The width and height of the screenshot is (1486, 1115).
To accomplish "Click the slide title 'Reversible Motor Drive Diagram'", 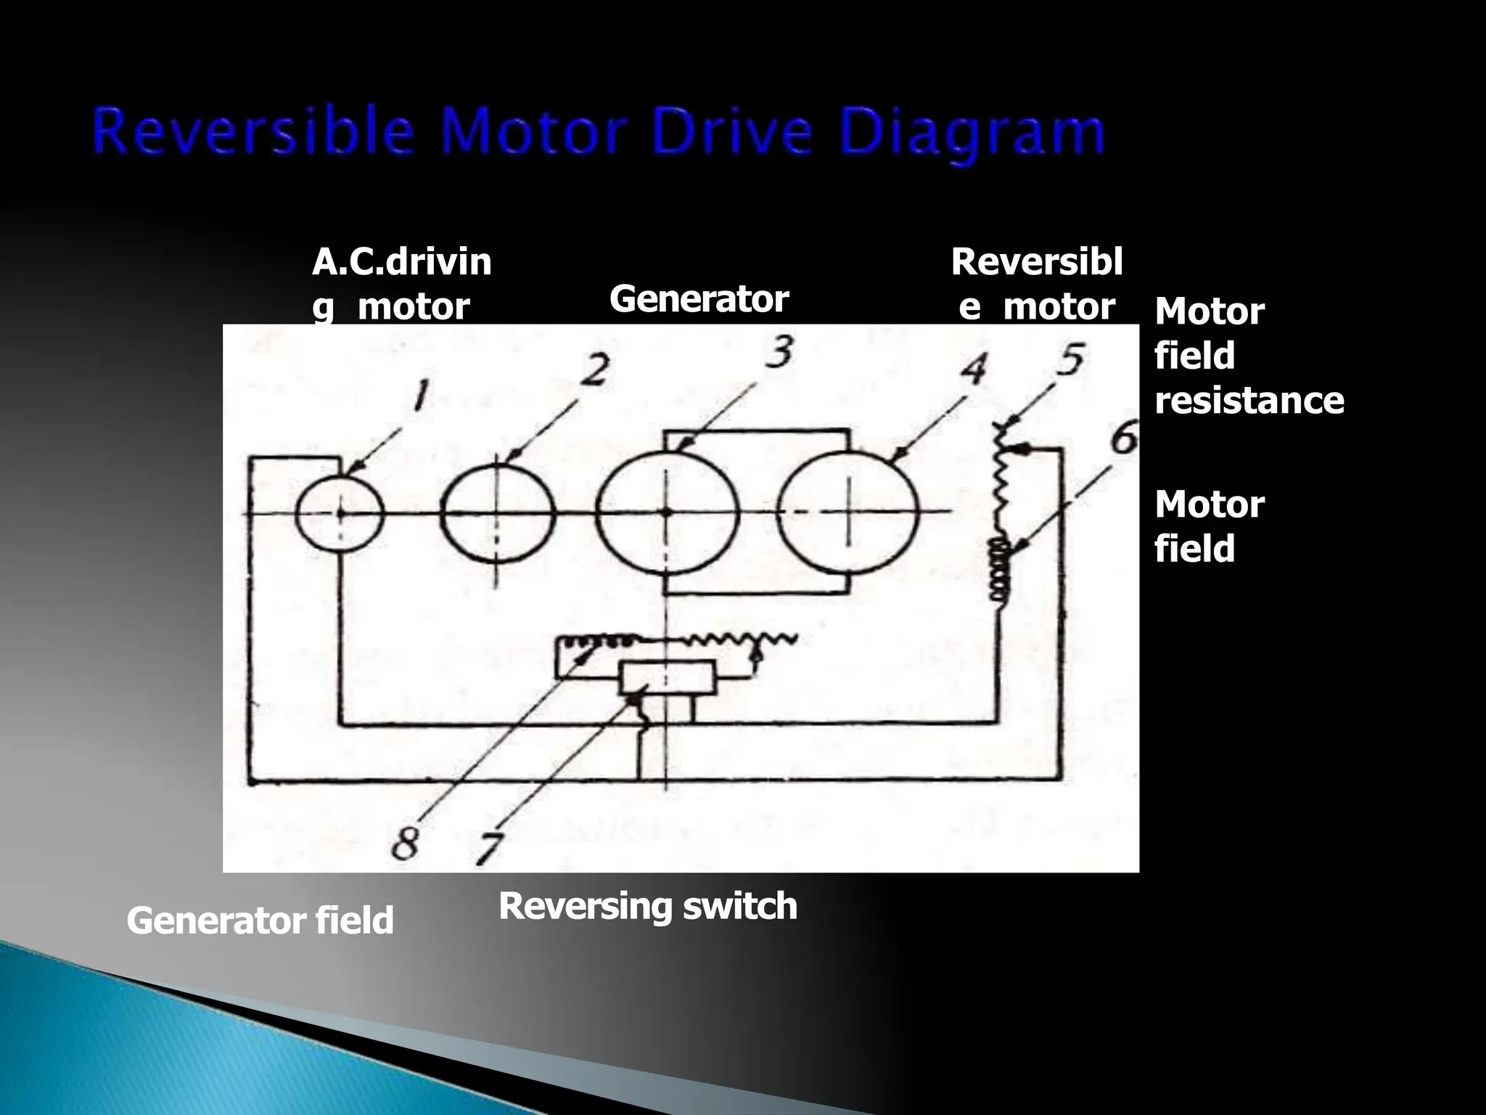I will pyautogui.click(x=599, y=133).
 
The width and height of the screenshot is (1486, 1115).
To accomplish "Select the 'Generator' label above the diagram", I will pyautogui.click(x=698, y=299).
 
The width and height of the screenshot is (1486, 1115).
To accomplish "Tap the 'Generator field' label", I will pyautogui.click(x=260, y=920).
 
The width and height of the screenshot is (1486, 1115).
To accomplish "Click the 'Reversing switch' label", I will pyautogui.click(x=647, y=906).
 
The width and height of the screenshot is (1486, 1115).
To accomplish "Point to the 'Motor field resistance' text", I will pyautogui.click(x=1248, y=356).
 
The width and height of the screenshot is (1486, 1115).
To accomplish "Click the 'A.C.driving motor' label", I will pyautogui.click(x=401, y=284).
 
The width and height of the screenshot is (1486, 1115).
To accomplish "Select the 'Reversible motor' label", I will pyautogui.click(x=1036, y=284).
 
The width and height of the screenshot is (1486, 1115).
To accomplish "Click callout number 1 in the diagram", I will pyautogui.click(x=419, y=396).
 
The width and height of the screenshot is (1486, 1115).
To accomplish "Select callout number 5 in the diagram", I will pyautogui.click(x=1070, y=361).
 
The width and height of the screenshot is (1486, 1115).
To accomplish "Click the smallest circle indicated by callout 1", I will pyautogui.click(x=339, y=512).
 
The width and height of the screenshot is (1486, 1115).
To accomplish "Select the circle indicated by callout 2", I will pyautogui.click(x=498, y=512).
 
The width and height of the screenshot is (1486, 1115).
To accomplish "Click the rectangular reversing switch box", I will pyautogui.click(x=668, y=678).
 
